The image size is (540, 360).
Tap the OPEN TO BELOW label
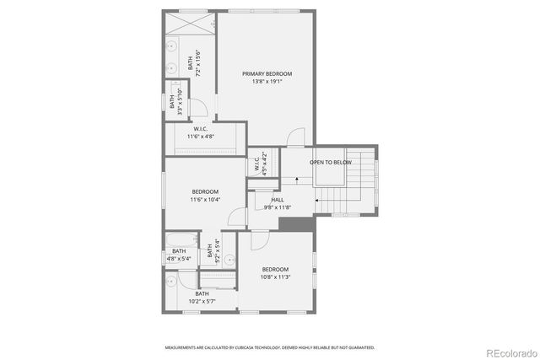[x=330, y=162]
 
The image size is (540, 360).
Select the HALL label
[x=278, y=200]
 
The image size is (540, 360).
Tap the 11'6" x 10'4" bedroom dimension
[x=204, y=201]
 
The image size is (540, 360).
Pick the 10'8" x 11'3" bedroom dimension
[x=275, y=277]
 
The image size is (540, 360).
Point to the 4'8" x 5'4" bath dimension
[x=179, y=259]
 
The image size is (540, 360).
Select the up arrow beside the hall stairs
[x=297, y=180]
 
